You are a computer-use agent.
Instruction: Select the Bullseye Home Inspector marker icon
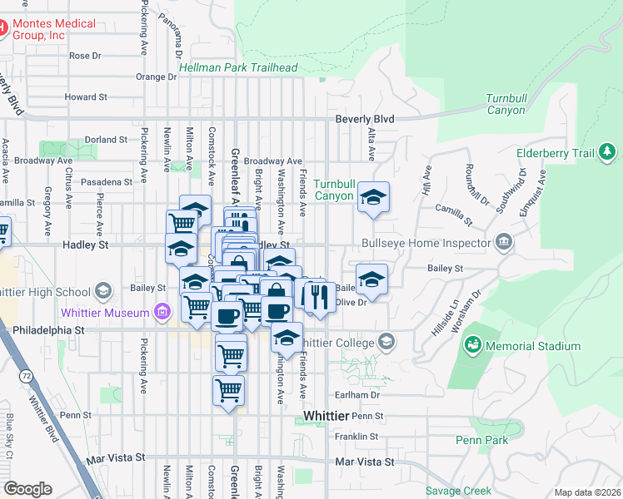pyautogui.click(x=504, y=244)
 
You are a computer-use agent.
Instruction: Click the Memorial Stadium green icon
pyautogui.click(x=473, y=344)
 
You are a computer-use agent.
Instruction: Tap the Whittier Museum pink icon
pyautogui.click(x=162, y=313)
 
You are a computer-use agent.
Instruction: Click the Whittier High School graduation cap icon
pyautogui.click(x=102, y=291)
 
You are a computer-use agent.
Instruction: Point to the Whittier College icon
pyautogui.click(x=386, y=341)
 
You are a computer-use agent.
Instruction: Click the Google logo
pyautogui.click(x=27, y=488)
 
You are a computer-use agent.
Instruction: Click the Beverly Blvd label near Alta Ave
pyautogui.click(x=365, y=119)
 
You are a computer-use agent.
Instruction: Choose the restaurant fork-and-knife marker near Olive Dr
pyautogui.click(x=319, y=296)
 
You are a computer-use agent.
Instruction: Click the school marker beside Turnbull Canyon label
pyautogui.click(x=374, y=197)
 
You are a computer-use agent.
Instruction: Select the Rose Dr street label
pyautogui.click(x=85, y=56)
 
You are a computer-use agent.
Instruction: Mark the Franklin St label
pyautogui.click(x=356, y=436)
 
